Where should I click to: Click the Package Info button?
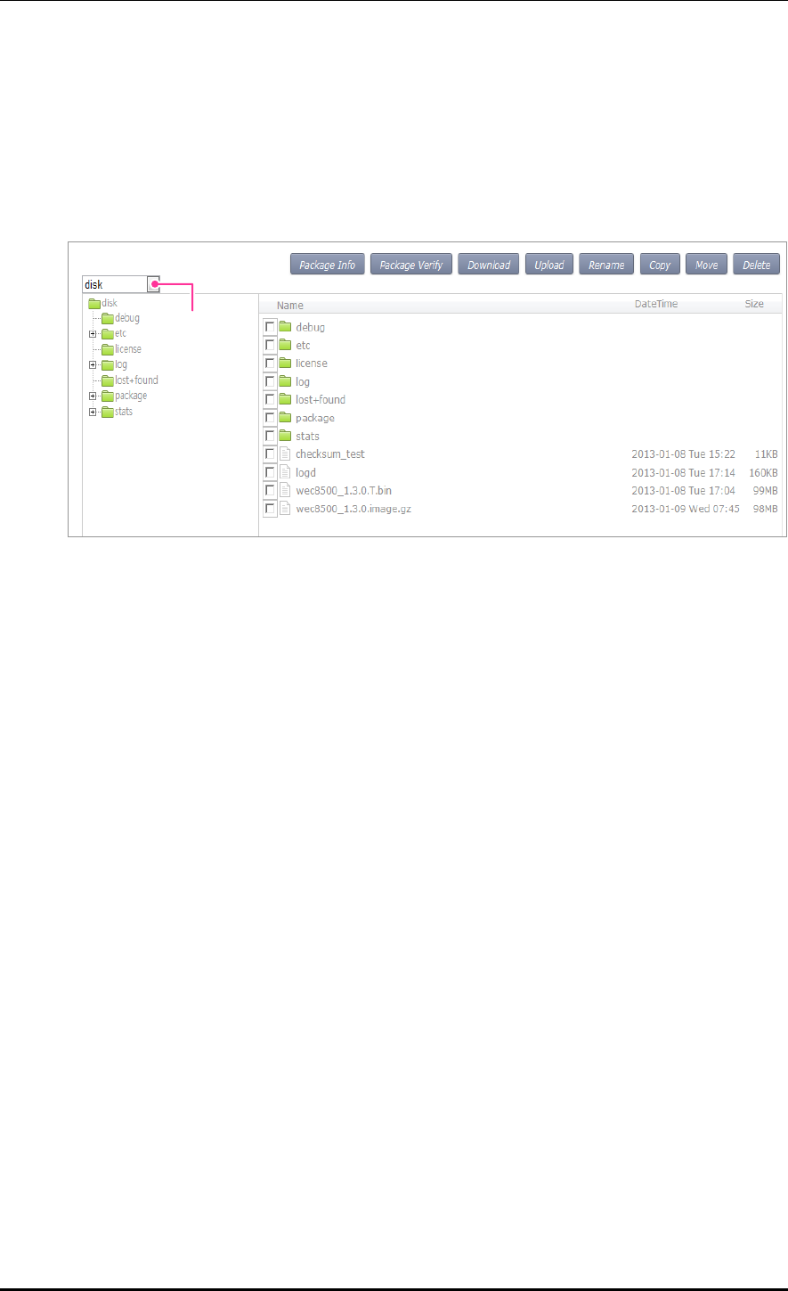pos(327,265)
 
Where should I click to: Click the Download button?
pos(489,265)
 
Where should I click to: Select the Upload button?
pos(548,265)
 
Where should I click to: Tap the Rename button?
pos(606,265)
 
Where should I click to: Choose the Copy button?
pos(660,265)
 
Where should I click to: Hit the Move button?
pos(706,265)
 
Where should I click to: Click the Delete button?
pos(756,265)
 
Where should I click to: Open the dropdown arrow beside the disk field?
pos(154,284)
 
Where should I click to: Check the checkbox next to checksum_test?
pos(270,454)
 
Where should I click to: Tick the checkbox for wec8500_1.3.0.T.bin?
pos(270,491)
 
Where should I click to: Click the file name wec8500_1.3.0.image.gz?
pos(353,509)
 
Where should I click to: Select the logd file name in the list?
pos(305,472)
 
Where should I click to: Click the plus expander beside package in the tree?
pos(92,396)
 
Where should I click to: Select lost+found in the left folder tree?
pos(136,380)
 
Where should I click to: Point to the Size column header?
pos(754,304)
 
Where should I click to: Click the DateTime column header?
pos(655,304)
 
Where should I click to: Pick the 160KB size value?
pos(764,472)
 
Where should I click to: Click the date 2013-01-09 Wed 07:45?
pos(684,509)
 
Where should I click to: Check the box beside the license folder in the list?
pos(270,364)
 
